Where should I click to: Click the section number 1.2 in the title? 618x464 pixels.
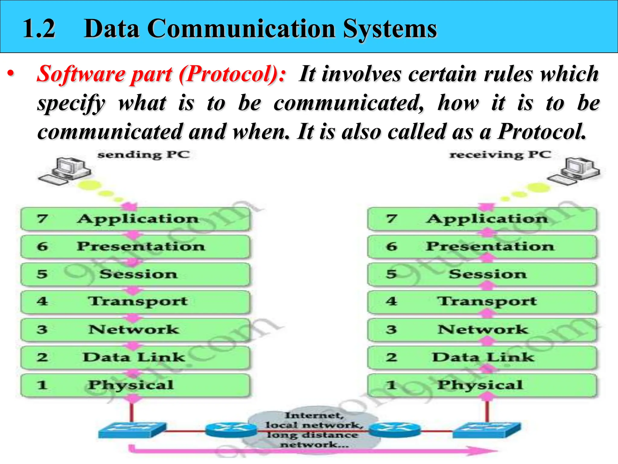click(39, 29)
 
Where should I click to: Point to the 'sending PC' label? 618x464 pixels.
click(144, 155)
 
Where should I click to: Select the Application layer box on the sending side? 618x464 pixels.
click(135, 219)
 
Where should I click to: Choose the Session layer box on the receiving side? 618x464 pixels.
click(482, 274)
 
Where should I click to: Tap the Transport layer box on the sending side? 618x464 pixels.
click(135, 302)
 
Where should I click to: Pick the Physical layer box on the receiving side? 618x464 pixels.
click(482, 385)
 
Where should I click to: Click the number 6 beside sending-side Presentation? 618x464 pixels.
click(42, 246)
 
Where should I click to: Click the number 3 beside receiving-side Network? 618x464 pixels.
click(391, 329)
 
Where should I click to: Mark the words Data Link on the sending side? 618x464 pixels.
click(134, 357)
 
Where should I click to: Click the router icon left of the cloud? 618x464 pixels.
click(231, 429)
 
